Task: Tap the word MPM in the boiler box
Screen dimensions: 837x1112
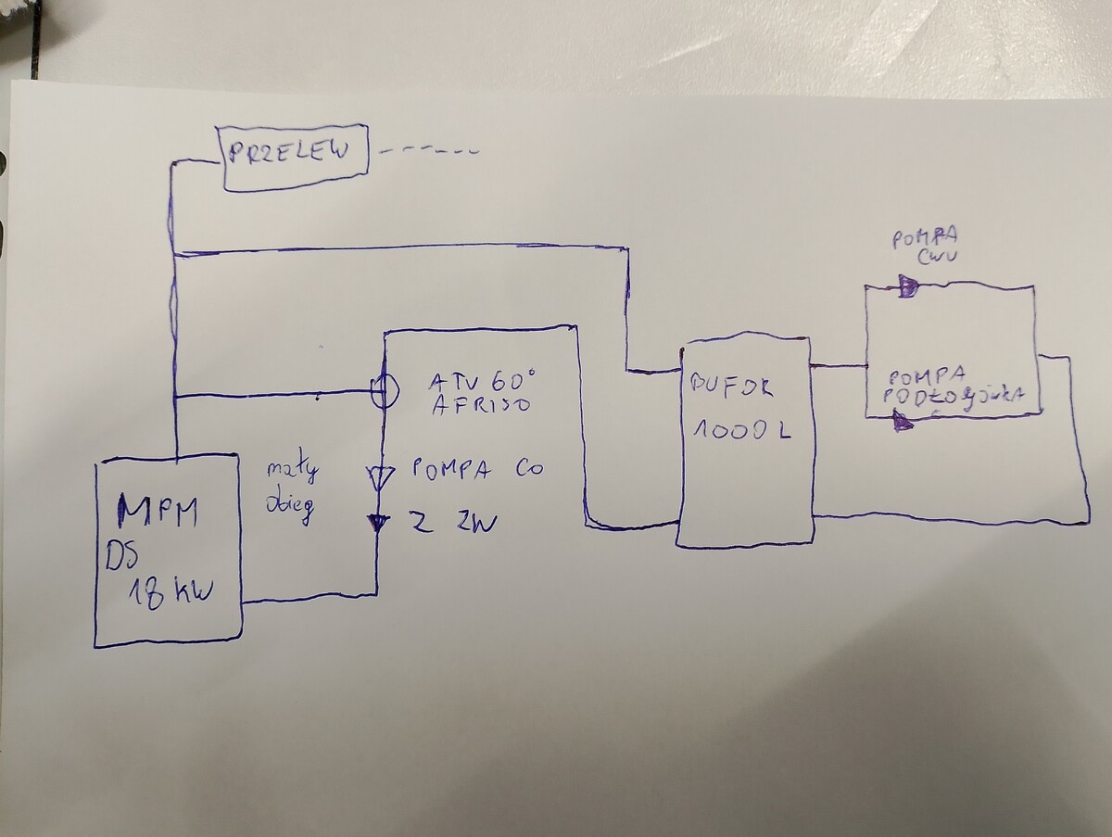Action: tap(158, 512)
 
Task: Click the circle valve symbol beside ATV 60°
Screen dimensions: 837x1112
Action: tap(384, 393)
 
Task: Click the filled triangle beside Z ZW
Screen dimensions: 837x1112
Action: tap(377, 524)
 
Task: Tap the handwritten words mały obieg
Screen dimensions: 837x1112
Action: tap(293, 491)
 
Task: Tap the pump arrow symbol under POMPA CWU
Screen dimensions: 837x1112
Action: tap(907, 287)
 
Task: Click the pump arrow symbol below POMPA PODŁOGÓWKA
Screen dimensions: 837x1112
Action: tap(901, 422)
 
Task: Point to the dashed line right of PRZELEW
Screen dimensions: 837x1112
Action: tap(431, 149)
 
